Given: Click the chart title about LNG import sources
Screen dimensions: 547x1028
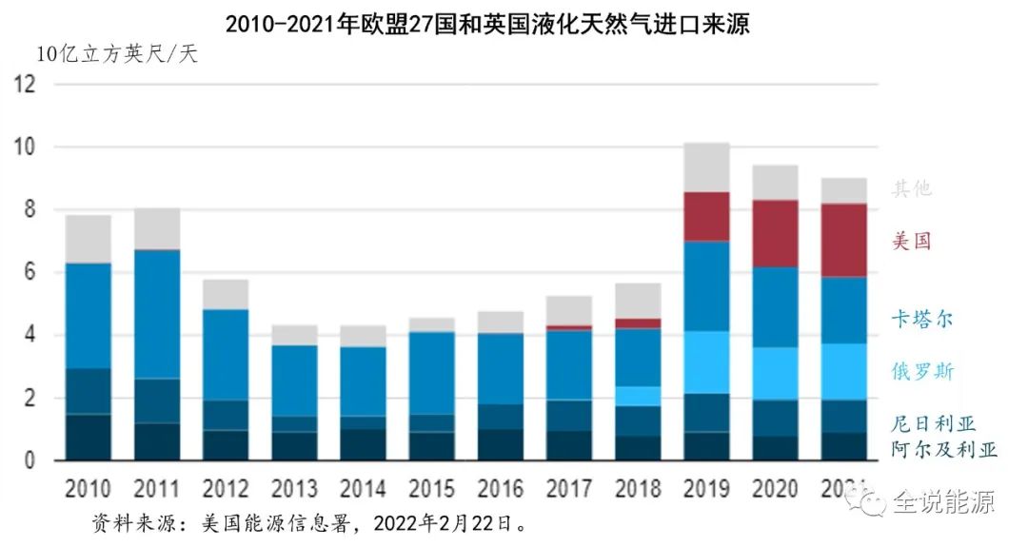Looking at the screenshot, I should pyautogui.click(x=487, y=24).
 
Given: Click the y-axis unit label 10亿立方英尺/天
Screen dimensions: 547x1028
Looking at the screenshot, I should pyautogui.click(x=117, y=54).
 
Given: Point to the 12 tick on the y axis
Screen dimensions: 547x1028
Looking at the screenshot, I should pyautogui.click(x=25, y=85).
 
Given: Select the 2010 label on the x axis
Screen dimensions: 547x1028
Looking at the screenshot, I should pyautogui.click(x=88, y=489).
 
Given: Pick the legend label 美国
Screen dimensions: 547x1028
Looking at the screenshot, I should pyautogui.click(x=911, y=241).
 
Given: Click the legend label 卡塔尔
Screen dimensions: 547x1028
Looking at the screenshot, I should pyautogui.click(x=921, y=319).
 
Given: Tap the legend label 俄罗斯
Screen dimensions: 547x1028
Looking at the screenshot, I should pyautogui.click(x=921, y=371).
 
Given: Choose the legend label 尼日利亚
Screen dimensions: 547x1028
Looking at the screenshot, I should pyautogui.click(x=933, y=423).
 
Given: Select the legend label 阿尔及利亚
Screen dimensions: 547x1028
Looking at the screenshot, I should pyautogui.click(x=943, y=449).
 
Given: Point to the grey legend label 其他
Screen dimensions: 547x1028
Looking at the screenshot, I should pyautogui.click(x=911, y=188).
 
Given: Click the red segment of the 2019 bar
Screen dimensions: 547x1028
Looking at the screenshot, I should pyautogui.click(x=706, y=217).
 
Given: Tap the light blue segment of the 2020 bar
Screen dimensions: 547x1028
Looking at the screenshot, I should pyautogui.click(x=775, y=373).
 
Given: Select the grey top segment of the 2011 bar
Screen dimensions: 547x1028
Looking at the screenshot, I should pyautogui.click(x=157, y=229).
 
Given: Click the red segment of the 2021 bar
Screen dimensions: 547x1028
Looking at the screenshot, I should pyautogui.click(x=843, y=240).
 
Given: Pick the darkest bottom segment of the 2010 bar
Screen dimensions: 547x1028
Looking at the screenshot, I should pyautogui.click(x=88, y=438).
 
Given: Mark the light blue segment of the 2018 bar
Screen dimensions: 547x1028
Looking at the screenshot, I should pyautogui.click(x=638, y=396).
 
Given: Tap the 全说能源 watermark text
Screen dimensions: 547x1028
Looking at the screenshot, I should pyautogui.click(x=942, y=501).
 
